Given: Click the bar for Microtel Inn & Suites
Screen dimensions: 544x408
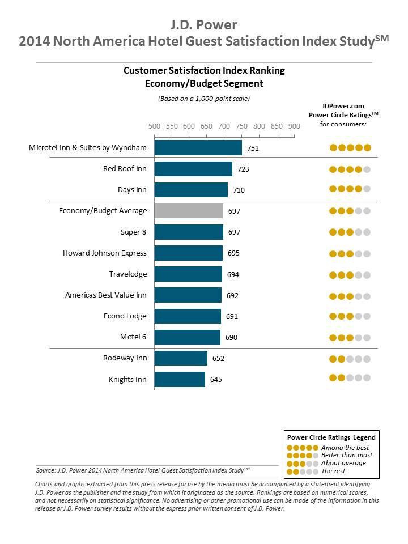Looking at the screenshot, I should pyautogui.click(x=198, y=147).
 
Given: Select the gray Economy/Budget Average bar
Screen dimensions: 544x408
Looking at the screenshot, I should pyautogui.click(x=189, y=211).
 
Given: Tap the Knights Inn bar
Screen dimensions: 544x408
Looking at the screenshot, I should pyautogui.click(x=180, y=379).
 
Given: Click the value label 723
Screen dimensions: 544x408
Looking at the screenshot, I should pyautogui.click(x=244, y=169).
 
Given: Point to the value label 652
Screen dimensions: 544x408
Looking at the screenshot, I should pyautogui.click(x=219, y=358).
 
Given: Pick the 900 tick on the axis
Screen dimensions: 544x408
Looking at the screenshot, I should pyautogui.click(x=294, y=126).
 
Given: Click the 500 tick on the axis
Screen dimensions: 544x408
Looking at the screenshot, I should pyautogui.click(x=154, y=126).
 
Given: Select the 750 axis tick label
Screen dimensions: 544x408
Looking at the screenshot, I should pyautogui.click(x=241, y=126).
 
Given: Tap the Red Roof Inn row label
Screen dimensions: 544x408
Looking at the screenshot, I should pyautogui.click(x=125, y=168).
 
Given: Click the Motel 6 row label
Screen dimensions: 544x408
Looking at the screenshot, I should pyautogui.click(x=133, y=337).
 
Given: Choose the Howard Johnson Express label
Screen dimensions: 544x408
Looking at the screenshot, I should pyautogui.click(x=104, y=253).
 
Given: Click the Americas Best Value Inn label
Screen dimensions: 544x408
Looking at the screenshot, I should pyautogui.click(x=106, y=295).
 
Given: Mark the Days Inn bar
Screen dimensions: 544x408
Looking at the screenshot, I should pyautogui.click(x=191, y=190).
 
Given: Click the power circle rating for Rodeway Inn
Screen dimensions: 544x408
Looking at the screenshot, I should pyautogui.click(x=350, y=358).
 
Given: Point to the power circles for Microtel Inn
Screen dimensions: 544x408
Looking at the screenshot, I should pyautogui.click(x=350, y=147).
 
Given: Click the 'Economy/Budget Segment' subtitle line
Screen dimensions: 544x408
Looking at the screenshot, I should pyautogui.click(x=203, y=83).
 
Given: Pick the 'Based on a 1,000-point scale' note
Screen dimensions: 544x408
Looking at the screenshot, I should pyautogui.click(x=203, y=98).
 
